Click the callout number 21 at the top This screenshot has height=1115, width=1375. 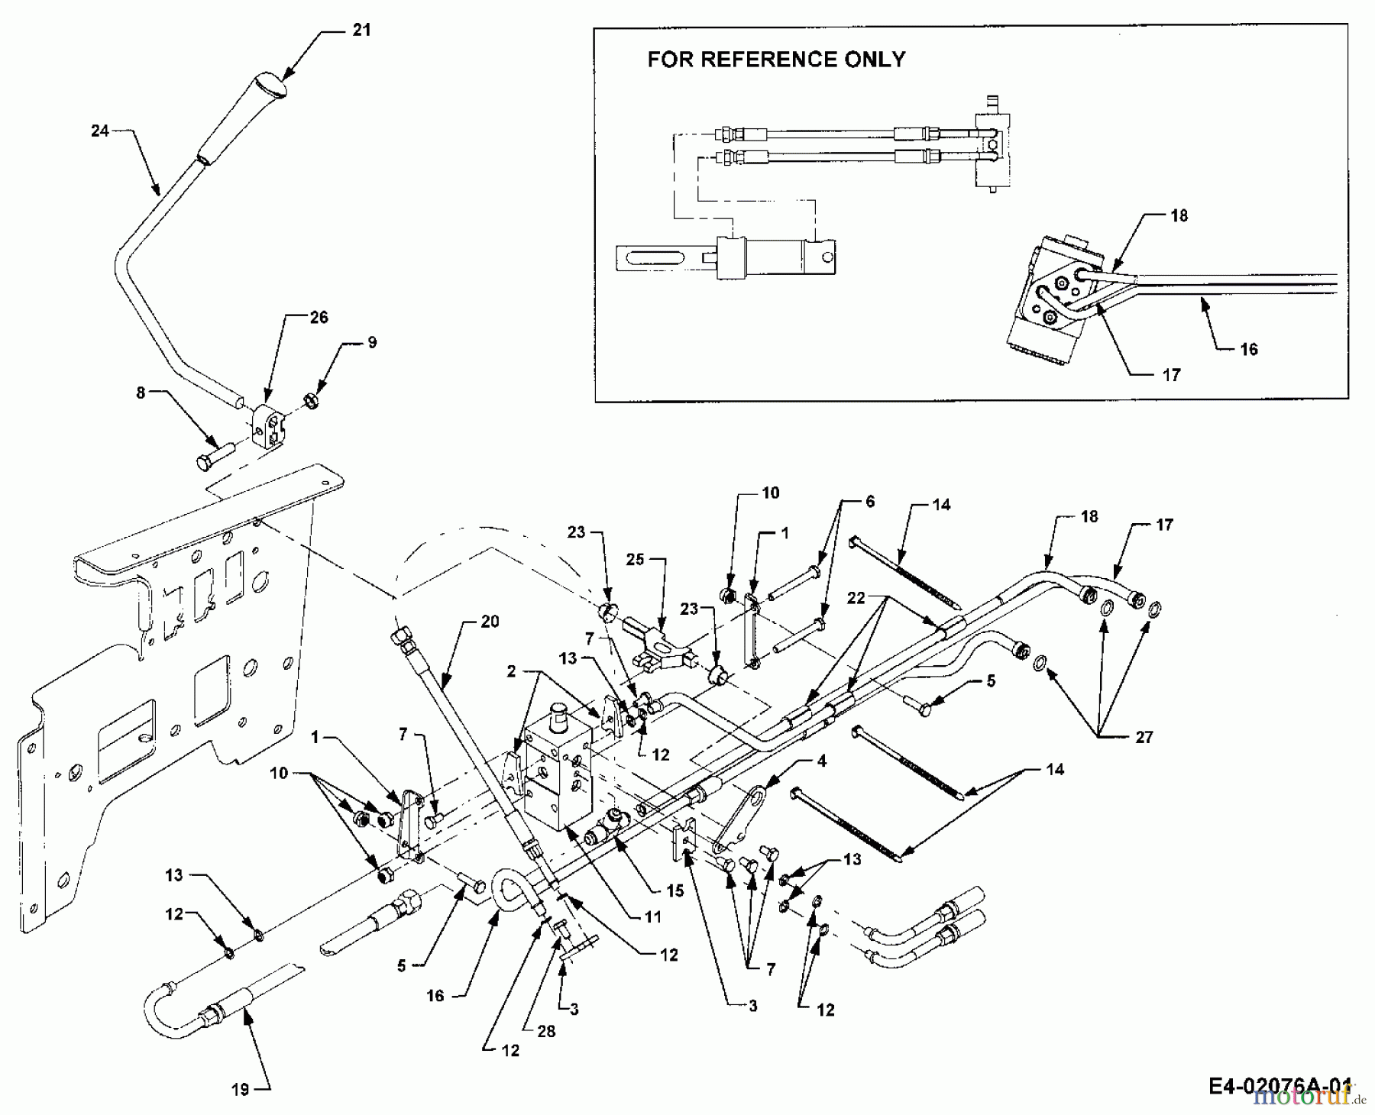[x=361, y=30]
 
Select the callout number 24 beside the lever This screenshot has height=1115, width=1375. [x=100, y=131]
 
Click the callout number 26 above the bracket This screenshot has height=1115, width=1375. [x=319, y=316]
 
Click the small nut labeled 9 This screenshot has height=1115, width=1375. [x=311, y=399]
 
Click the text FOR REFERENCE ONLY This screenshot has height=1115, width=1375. [x=776, y=60]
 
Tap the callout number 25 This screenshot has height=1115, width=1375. [x=636, y=559]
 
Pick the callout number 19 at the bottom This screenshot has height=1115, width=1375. [x=241, y=1089]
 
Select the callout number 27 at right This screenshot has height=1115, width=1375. [x=1144, y=737]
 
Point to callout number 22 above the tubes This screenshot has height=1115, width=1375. [x=856, y=597]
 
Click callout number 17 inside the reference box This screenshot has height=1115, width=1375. [x=1171, y=374]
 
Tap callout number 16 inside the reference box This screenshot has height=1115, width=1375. [x=1249, y=349]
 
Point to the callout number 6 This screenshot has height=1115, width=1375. [x=869, y=502]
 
